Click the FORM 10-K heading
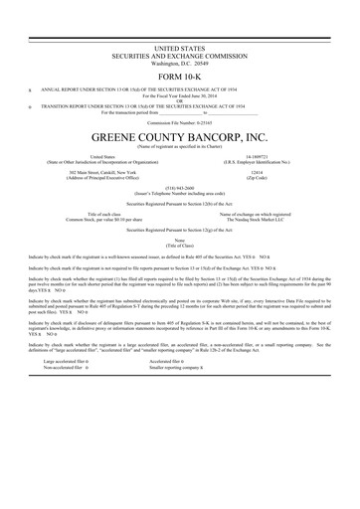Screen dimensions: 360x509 point(180,78)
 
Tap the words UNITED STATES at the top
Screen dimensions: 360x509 point(180,48)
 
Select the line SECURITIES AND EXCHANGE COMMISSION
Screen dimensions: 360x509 point(180,55)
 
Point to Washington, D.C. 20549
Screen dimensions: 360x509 point(180,62)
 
